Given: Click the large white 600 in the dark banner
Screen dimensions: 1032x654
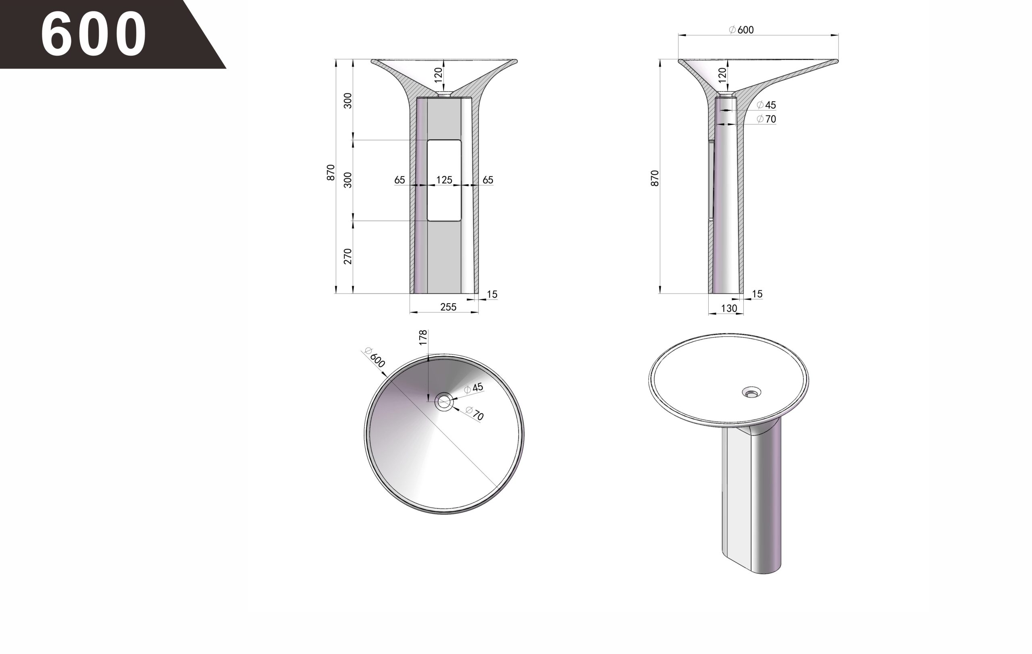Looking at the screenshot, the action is coord(94,34).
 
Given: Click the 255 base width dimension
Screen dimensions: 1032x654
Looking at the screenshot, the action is coord(448,307).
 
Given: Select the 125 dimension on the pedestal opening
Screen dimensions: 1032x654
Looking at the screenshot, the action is coord(444,180).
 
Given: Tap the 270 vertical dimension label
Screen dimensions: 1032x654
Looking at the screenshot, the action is coord(347,256).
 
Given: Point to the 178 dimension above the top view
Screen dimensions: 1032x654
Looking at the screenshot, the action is coord(423,337).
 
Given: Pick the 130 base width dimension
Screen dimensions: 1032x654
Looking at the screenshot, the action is coord(729,308).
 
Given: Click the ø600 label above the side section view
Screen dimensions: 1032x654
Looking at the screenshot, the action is coord(741,29).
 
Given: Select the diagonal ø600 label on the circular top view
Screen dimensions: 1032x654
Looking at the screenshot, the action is coord(375,357).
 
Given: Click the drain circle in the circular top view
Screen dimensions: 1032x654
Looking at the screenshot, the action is coord(444,402).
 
